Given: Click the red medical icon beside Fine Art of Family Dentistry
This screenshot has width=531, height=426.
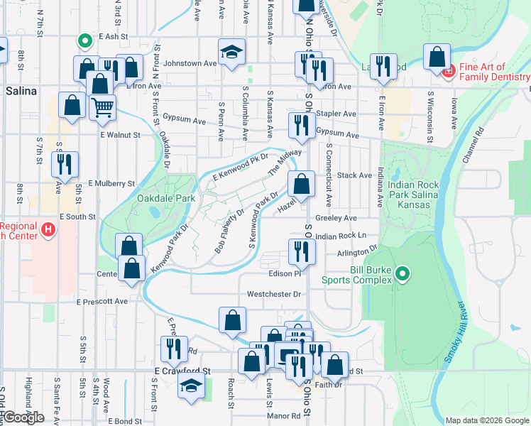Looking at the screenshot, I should (x=448, y=71).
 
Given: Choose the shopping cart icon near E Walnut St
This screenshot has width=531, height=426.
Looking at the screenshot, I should (x=102, y=107).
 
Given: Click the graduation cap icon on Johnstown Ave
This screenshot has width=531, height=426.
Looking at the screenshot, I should (x=231, y=52).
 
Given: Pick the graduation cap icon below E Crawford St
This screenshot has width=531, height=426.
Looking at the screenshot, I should (x=191, y=386).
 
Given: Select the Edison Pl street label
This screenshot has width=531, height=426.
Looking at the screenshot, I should (x=285, y=273).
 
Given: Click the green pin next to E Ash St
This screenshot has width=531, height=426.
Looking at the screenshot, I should (x=84, y=42).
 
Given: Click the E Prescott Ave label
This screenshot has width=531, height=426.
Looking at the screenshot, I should (x=102, y=301).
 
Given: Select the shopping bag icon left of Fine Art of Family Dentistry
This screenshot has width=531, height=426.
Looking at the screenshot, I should (x=437, y=57).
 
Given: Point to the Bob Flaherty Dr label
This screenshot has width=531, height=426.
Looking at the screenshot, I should (x=229, y=231).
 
